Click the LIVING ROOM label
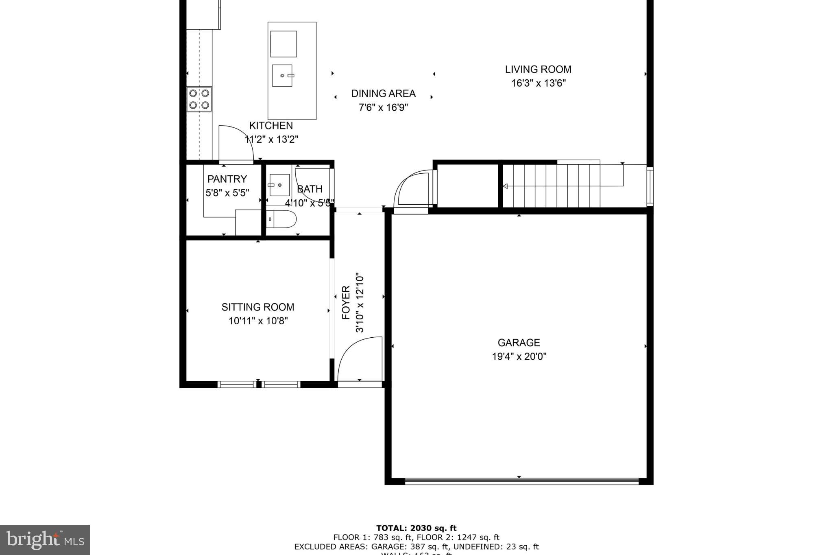pos(538,70)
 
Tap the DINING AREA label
pos(383,94)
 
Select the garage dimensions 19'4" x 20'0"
pos(519,357)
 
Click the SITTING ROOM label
pos(258,307)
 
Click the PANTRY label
pos(227,179)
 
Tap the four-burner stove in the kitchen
pos(199,99)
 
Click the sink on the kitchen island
pos(282,76)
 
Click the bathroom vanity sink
pos(279,185)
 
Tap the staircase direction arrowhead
pos(505,186)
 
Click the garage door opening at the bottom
pos(521,481)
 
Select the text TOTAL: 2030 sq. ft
pos(416,529)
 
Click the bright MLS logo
pos(45,540)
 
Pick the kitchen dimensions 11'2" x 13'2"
pos(271,140)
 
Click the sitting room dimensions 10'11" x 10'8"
pos(258,321)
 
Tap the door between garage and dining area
pos(412,189)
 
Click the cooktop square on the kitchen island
pos(283,44)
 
